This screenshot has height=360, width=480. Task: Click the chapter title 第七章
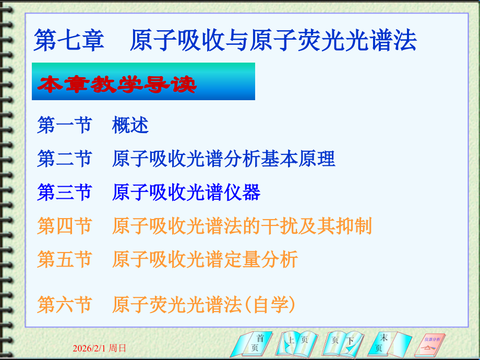(68, 40)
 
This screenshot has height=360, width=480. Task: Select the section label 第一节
(64, 125)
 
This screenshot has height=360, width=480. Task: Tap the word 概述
(130, 125)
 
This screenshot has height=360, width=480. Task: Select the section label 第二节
(64, 159)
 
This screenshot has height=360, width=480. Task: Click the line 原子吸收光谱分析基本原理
(223, 159)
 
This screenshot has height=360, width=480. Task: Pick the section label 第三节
(64, 193)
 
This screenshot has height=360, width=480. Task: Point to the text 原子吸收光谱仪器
(186, 193)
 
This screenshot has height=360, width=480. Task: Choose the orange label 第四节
(64, 226)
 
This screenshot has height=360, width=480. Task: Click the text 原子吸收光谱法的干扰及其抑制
(242, 226)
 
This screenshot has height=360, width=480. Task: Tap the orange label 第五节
(64, 259)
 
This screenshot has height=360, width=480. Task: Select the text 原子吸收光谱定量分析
(205, 259)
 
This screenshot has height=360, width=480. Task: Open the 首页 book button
(253, 343)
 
